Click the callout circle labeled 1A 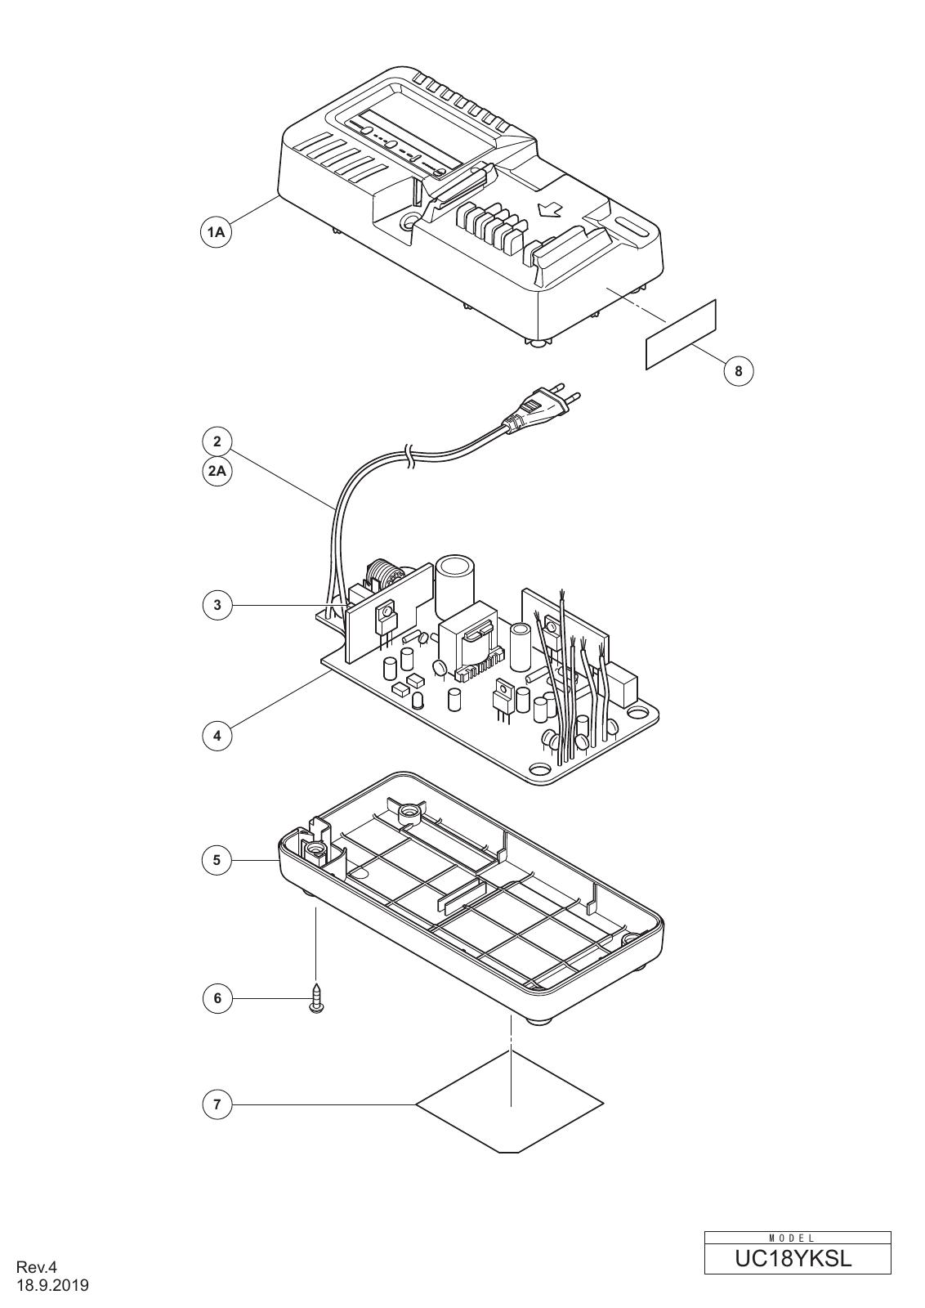pos(217,232)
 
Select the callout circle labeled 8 pos(738,371)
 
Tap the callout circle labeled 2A pos(217,471)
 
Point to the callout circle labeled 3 pos(217,605)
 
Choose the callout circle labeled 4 pos(217,736)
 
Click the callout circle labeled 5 pos(217,860)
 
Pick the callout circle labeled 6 pos(217,998)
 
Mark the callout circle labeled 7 pos(217,1104)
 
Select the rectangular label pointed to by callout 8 pos(681,334)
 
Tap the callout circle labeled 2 pos(217,441)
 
